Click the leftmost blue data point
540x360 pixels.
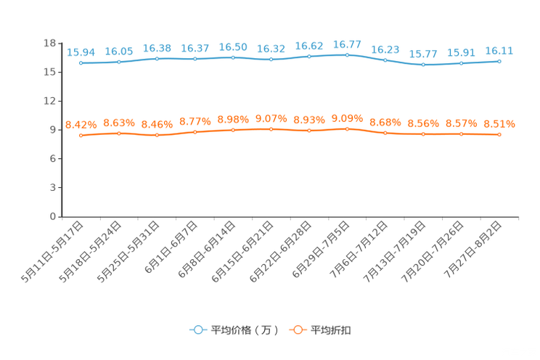(81, 63)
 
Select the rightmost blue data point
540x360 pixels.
(499, 62)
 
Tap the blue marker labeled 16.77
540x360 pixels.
(347, 55)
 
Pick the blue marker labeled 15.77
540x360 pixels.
(423, 65)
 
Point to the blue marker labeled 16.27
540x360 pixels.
(195, 59)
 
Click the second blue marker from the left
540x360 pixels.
(118, 62)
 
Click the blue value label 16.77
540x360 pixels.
(347, 44)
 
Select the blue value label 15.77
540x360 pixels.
(423, 54)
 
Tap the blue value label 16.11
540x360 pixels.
(499, 51)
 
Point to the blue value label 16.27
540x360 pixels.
(195, 48)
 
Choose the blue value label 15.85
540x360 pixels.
(118, 51)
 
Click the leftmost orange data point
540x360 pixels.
(81, 136)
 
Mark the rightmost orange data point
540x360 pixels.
(499, 134)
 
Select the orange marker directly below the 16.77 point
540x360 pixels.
(347, 128)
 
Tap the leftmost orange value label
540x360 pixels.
(81, 125)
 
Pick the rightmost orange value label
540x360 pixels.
(499, 124)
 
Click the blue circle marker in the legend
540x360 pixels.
(197, 330)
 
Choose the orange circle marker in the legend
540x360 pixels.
(298, 330)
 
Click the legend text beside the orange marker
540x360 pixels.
(332, 330)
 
